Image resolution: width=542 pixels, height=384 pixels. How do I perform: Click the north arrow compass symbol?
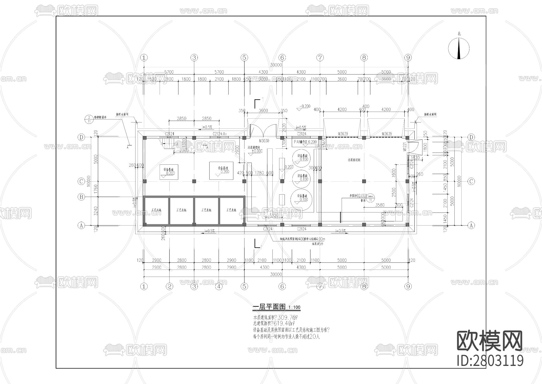pos(459,49)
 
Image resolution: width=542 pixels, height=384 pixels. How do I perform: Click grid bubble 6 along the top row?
pos(282,57)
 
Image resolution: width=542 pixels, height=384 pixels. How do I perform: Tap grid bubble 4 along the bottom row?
pos(219,286)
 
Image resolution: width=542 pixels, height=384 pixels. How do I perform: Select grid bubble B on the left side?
pos(81,197)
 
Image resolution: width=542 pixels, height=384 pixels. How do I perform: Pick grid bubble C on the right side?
pos(471,181)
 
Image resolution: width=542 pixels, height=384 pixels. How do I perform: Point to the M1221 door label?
pos(405,147)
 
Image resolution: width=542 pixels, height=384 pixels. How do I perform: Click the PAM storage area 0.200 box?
pos(305,142)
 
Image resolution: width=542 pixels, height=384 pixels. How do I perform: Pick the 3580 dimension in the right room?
pos(380,205)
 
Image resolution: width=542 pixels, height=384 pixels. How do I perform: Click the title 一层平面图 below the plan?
pos(269,307)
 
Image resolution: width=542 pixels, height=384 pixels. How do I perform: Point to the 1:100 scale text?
pos(294,308)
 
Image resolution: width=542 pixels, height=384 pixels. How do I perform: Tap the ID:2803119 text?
pos(490,361)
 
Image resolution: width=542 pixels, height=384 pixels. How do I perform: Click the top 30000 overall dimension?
pos(276,65)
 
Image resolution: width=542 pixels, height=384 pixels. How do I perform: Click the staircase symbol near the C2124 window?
pos(167,141)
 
